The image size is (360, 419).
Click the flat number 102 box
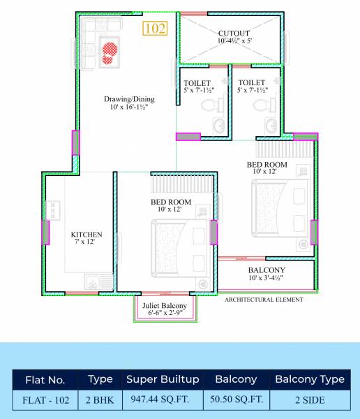[155, 29]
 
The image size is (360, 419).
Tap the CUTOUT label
[234, 33]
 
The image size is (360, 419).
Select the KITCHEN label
[87, 234]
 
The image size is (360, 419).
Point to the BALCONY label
[266, 270]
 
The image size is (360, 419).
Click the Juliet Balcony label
[165, 306]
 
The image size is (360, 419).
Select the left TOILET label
[197, 82]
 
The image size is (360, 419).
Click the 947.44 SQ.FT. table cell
[162, 401]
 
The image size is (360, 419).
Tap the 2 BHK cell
[100, 401]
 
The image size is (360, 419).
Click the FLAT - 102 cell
[45, 401]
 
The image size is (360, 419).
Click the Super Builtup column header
[162, 380]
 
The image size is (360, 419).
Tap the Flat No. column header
[45, 381]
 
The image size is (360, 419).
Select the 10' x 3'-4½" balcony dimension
[266, 278]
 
